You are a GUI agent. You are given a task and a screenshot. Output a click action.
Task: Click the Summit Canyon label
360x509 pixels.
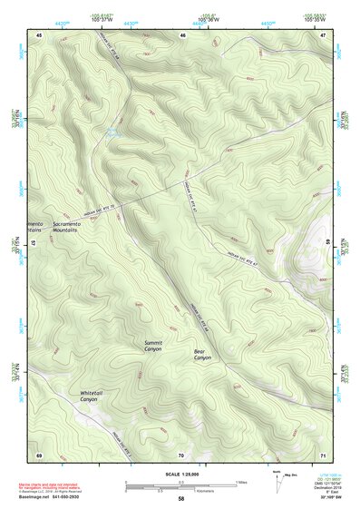[x=153, y=346]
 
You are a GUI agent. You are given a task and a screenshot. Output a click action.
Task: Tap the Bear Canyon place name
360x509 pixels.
[x=202, y=355]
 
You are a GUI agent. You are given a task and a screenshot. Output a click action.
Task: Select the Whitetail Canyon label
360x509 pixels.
[x=89, y=396]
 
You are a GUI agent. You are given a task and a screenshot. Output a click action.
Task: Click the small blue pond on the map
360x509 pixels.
[x=112, y=135]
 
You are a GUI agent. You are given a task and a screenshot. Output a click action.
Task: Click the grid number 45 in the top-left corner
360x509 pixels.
[x=40, y=34]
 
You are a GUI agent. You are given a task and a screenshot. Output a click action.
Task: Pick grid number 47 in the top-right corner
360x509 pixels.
[x=324, y=34]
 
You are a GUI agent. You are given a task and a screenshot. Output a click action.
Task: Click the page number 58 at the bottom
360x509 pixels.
[x=181, y=499]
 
